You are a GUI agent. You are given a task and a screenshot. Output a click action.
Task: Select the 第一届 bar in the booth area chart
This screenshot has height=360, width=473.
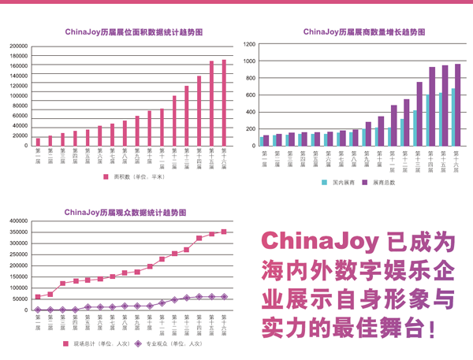pos(38,142)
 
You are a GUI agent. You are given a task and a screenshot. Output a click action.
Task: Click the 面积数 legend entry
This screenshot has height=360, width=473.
pos(135,178)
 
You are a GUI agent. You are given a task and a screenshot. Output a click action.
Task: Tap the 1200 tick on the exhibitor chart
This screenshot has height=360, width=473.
pos(250,44)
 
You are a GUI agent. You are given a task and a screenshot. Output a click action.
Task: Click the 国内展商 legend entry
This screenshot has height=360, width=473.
pos(341,183)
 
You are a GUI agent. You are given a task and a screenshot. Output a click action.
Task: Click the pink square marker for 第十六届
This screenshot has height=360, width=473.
pos(224,232)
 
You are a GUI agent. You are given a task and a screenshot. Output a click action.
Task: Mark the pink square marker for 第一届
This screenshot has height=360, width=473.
pos(38,297)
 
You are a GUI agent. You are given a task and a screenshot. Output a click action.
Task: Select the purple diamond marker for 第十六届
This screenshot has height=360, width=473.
pos(224,297)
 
